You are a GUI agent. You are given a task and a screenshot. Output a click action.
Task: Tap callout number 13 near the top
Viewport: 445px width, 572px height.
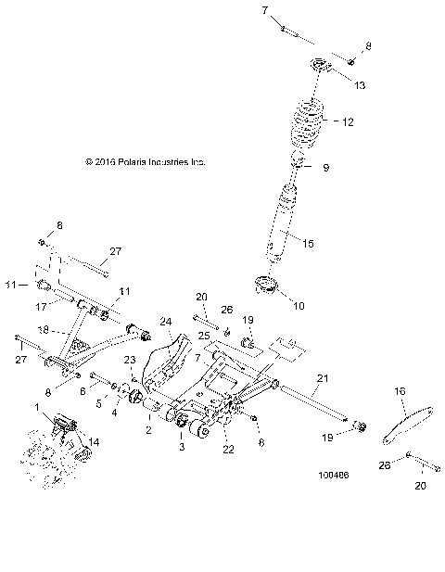click(360, 84)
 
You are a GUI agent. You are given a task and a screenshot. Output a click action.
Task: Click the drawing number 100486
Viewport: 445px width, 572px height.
click(331, 478)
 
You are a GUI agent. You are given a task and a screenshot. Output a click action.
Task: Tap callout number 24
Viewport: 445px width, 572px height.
click(167, 323)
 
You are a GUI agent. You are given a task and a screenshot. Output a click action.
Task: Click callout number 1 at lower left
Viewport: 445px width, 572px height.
click(37, 407)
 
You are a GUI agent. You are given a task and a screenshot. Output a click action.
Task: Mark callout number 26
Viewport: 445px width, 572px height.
click(227, 309)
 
